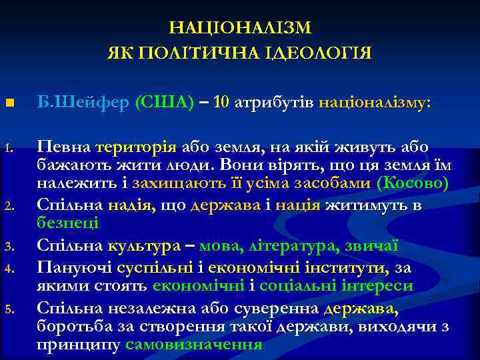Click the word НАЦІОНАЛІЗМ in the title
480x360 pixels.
239,28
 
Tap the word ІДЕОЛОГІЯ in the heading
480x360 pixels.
316,53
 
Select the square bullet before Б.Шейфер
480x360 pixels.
9,104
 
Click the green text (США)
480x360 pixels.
165,103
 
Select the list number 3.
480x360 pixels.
9,248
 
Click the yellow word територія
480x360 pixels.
135,147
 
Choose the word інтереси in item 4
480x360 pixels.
379,287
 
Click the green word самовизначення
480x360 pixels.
193,345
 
